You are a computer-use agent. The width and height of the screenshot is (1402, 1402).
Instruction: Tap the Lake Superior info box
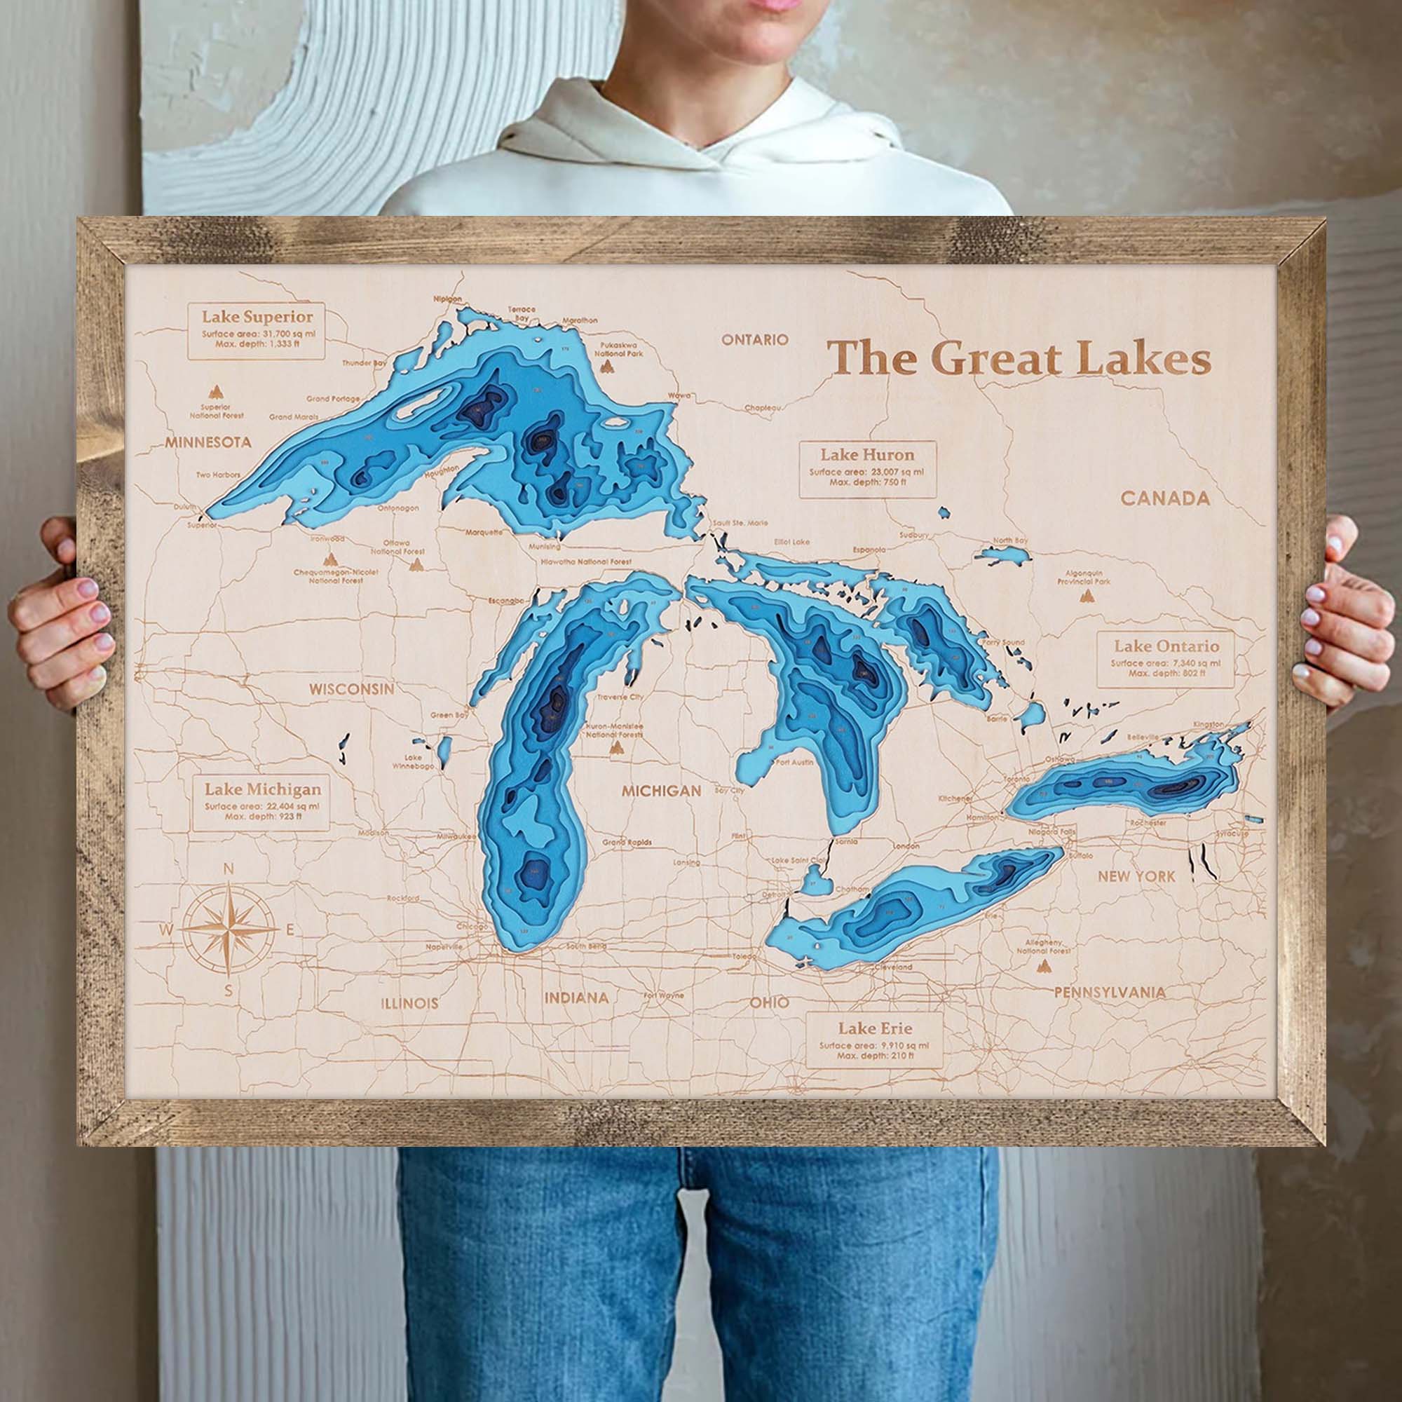point(257,331)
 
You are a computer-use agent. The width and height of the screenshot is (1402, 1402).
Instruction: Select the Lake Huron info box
point(867,469)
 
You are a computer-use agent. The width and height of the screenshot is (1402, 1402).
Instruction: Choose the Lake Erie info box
point(874,1040)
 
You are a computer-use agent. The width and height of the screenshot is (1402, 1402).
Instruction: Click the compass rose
point(229,929)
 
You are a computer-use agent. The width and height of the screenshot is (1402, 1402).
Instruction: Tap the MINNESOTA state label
point(207,442)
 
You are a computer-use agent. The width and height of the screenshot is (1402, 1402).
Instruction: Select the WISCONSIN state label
point(352,688)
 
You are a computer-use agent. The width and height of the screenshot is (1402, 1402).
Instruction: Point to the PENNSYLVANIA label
point(1110,992)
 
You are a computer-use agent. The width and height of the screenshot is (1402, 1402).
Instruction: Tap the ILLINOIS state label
point(410,1004)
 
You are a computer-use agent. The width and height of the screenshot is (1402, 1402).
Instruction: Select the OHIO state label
point(769,1003)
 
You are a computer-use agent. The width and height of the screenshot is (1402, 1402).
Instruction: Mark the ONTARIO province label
point(754,339)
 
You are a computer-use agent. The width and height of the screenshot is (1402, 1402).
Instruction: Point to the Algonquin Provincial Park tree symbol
point(1087,596)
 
